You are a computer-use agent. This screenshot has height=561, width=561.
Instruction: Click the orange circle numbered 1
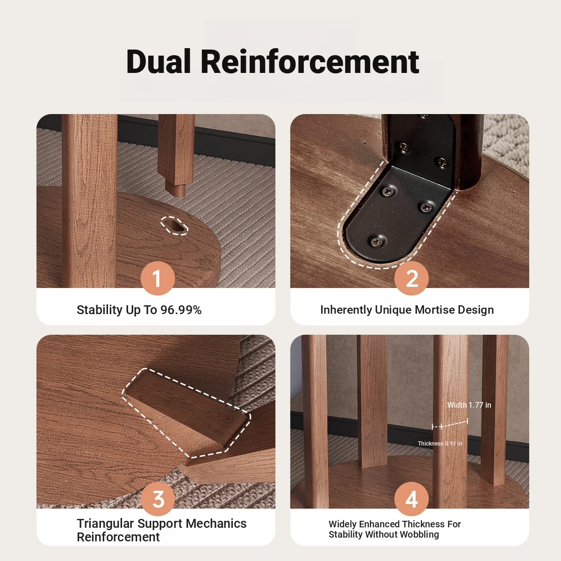tap(158, 278)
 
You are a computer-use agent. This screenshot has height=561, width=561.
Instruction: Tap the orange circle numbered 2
tap(411, 278)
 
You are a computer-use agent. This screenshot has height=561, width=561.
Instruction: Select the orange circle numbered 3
tap(158, 499)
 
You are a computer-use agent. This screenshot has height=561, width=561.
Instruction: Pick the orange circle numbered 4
tap(411, 499)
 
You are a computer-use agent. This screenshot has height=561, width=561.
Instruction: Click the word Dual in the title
tap(158, 62)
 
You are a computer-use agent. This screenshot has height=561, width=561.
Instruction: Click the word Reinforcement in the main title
tap(310, 62)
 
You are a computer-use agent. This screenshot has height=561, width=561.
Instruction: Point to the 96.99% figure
tap(181, 310)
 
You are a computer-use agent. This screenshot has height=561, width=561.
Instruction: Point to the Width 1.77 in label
tap(469, 405)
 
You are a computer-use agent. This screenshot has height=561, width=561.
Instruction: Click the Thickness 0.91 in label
tap(439, 443)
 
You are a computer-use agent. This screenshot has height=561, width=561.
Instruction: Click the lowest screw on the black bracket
tap(378, 241)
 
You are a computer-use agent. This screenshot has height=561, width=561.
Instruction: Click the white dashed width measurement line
tap(450, 424)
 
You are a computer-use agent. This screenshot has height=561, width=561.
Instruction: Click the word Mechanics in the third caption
tap(216, 524)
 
